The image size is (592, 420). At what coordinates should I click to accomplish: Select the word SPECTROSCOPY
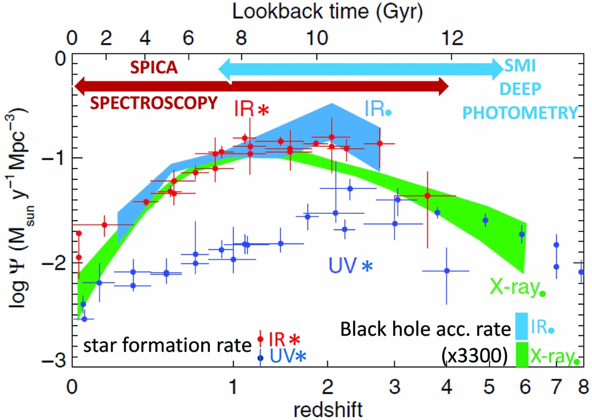(155, 103)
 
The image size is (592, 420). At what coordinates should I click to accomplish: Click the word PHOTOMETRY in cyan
(518, 112)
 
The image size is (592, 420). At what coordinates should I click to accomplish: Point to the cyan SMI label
(519, 67)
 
